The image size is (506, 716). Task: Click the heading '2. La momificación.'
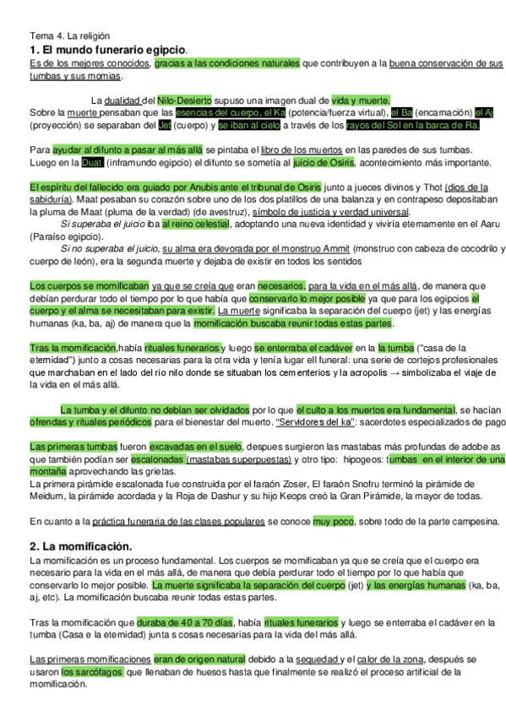(80, 546)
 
